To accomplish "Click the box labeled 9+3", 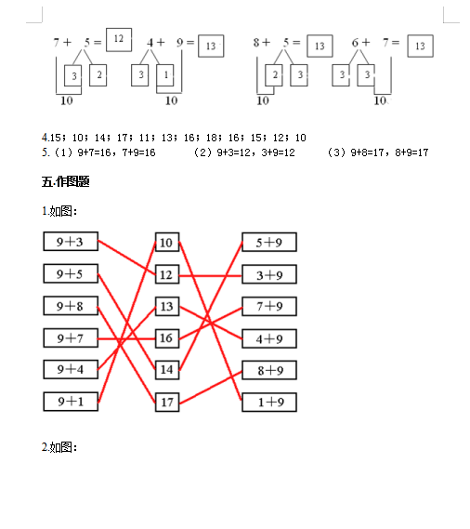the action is point(71,242).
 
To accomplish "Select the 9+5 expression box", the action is point(71,273).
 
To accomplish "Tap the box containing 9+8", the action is point(71,306).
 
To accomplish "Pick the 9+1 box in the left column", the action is point(71,402).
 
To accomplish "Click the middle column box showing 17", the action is point(167,403).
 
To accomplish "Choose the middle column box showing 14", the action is point(167,370).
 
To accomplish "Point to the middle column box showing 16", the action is point(167,338).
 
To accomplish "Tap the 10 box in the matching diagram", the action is point(167,243).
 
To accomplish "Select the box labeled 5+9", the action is point(269,243).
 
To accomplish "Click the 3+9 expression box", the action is point(269,274).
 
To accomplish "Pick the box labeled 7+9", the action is point(269,306).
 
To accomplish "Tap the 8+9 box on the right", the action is point(269,370).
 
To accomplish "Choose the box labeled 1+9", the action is point(269,403).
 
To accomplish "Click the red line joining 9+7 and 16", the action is point(126,338).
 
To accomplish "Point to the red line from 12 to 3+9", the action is point(211,276).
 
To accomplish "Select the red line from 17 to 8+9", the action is point(211,388).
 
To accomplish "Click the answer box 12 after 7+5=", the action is point(119,40).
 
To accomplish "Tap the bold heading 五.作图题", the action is point(66,182).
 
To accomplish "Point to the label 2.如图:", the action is point(59,448).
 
